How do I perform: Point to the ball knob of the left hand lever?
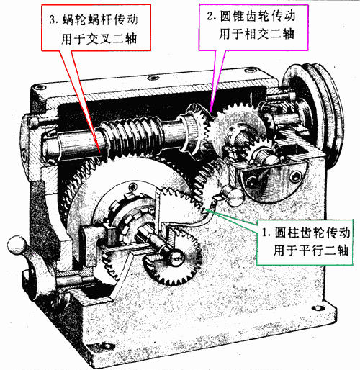pyautogui.click(x=17, y=245)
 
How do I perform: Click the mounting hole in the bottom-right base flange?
pyautogui.click(x=318, y=307)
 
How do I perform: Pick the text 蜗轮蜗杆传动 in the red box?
pyautogui.click(x=100, y=19)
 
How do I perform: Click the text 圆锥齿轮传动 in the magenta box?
pyautogui.click(x=258, y=17)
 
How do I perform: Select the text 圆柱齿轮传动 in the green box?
pyautogui.click(x=312, y=233)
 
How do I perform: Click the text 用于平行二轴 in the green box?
pyautogui.click(x=310, y=251)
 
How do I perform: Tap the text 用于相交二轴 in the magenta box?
pyautogui.click(x=256, y=34)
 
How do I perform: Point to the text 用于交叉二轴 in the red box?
pyautogui.click(x=99, y=38)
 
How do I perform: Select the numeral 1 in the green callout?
pyautogui.click(x=265, y=233)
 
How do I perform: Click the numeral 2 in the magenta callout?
pyautogui.click(x=210, y=17)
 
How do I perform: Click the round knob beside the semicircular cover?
pyautogui.click(x=233, y=197)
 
